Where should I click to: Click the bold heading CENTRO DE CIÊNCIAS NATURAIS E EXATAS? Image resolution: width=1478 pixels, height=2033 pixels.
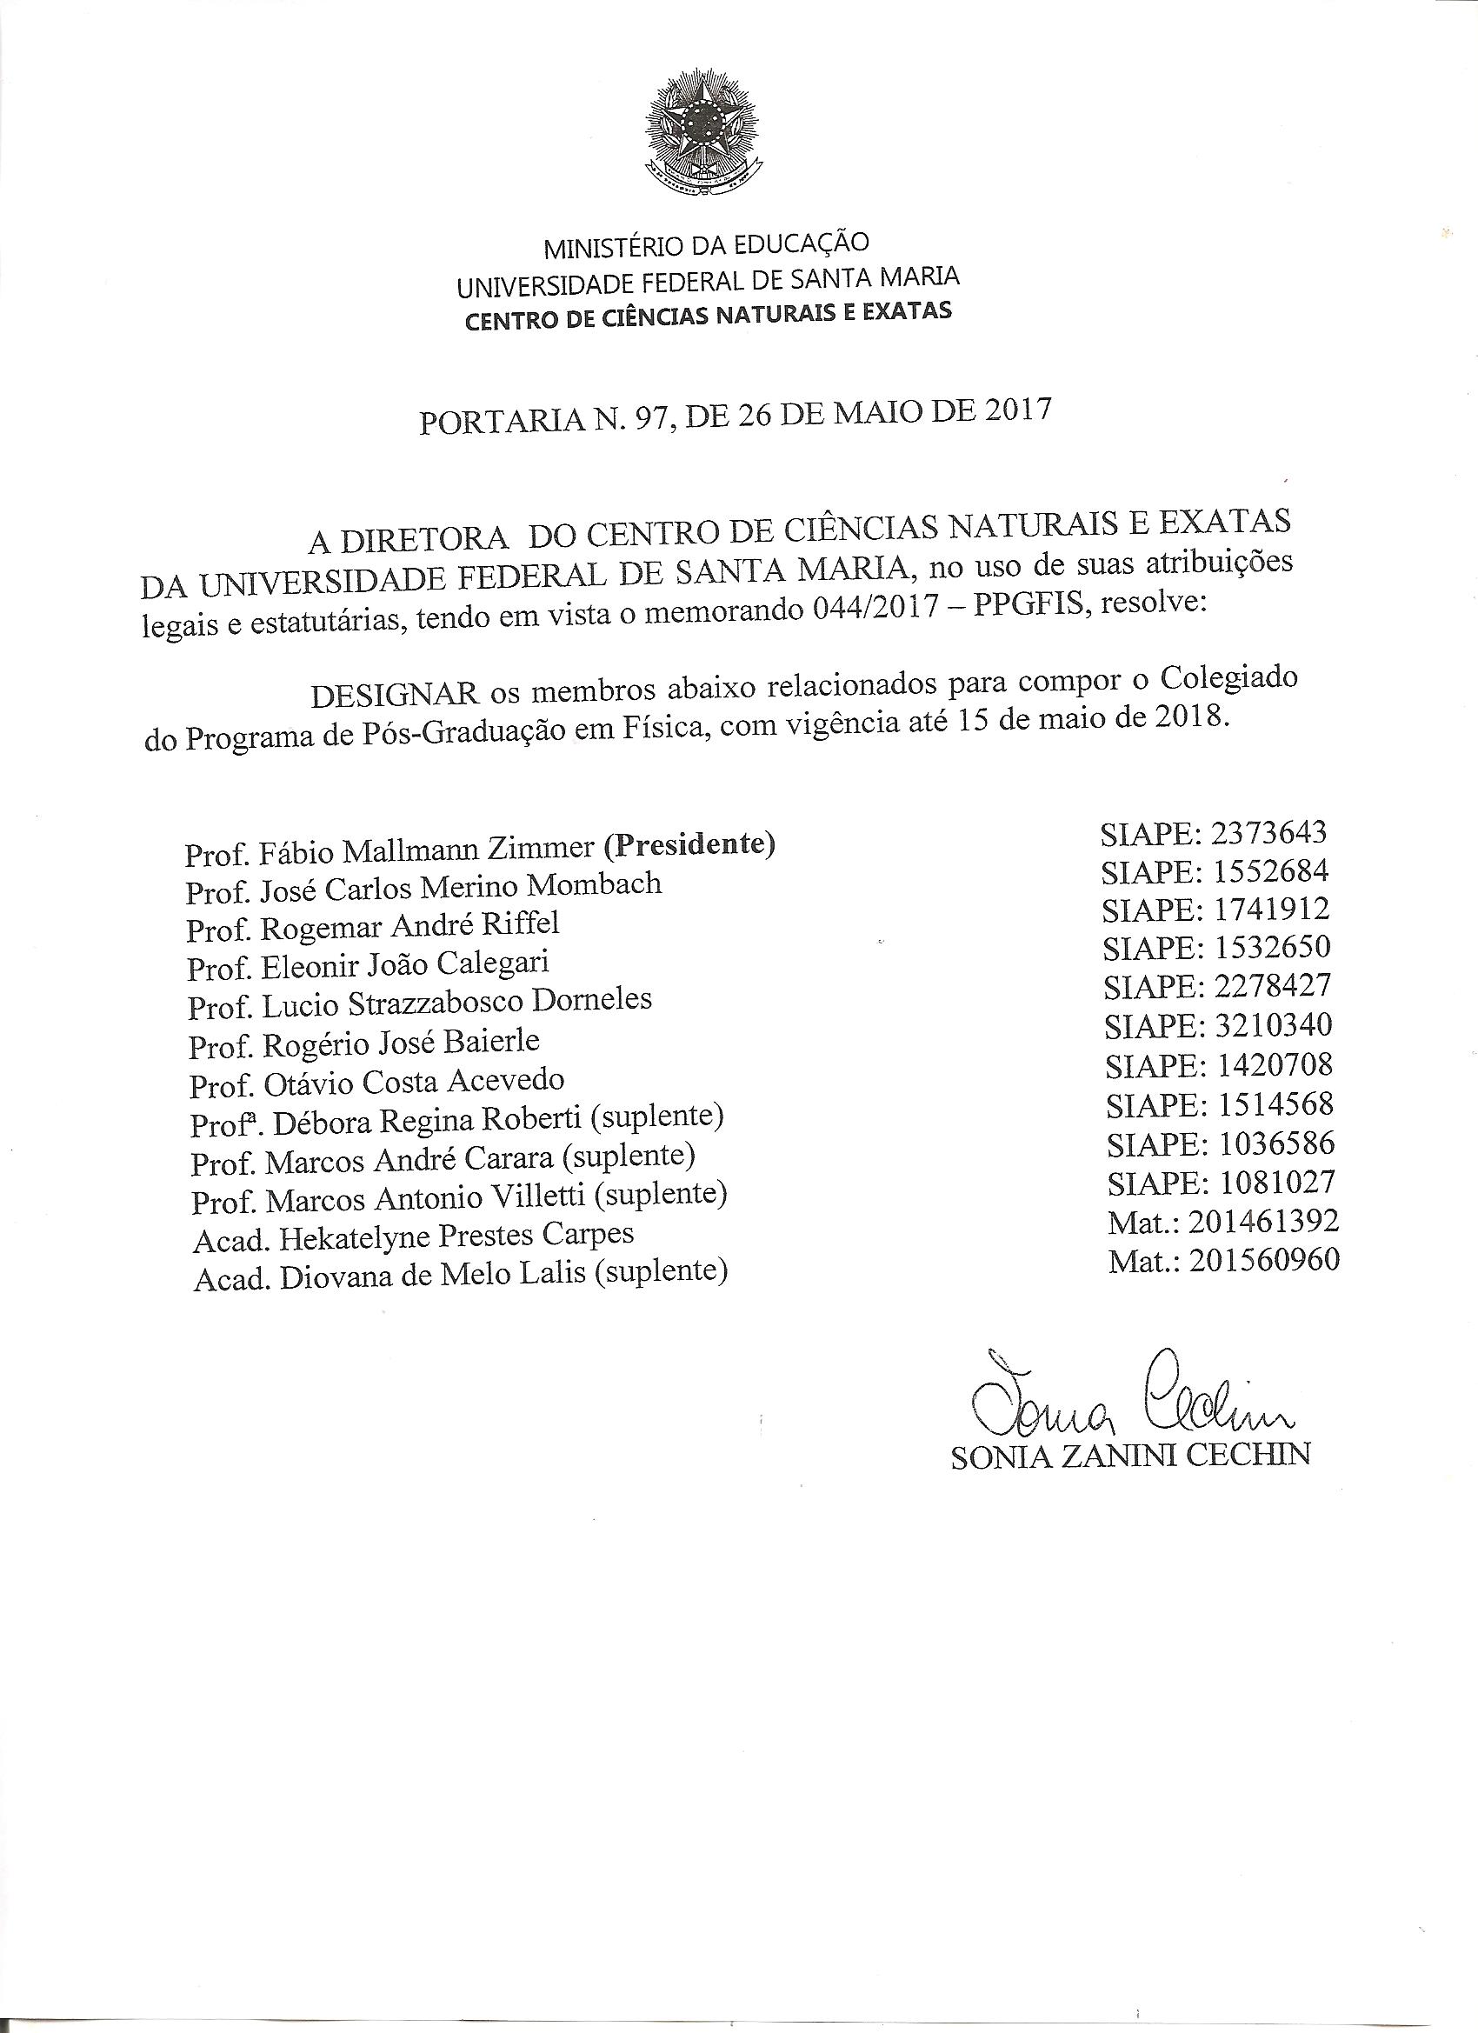708,316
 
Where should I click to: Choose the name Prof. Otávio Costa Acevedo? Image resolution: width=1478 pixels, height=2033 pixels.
377,1083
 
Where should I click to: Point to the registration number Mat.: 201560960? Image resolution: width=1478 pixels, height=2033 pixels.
1224,1260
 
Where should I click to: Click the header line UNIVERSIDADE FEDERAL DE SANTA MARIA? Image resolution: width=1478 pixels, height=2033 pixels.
708,281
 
